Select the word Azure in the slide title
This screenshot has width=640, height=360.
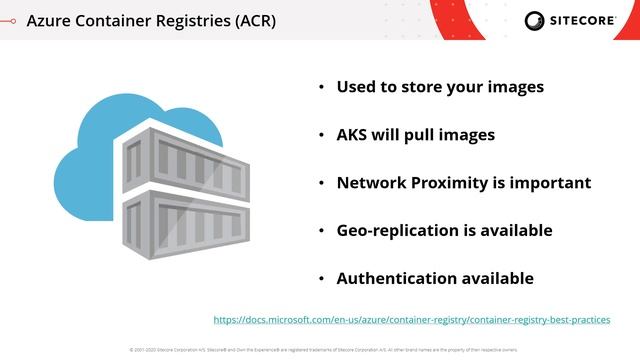pos(50,20)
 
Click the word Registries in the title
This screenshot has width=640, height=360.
pos(186,20)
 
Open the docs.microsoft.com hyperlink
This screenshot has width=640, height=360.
pos(411,320)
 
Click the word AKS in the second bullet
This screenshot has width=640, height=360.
pos(354,135)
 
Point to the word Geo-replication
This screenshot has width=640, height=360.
pos(396,231)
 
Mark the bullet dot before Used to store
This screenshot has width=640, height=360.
pos(321,88)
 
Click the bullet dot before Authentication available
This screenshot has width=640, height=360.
pos(321,280)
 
